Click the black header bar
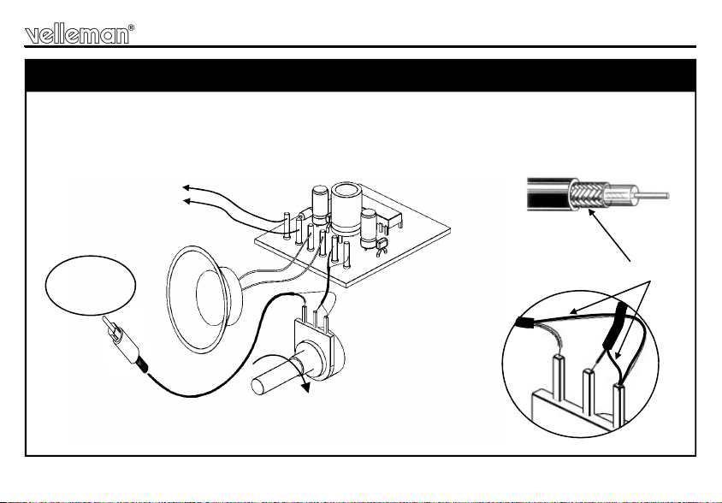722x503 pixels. tap(360, 75)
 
